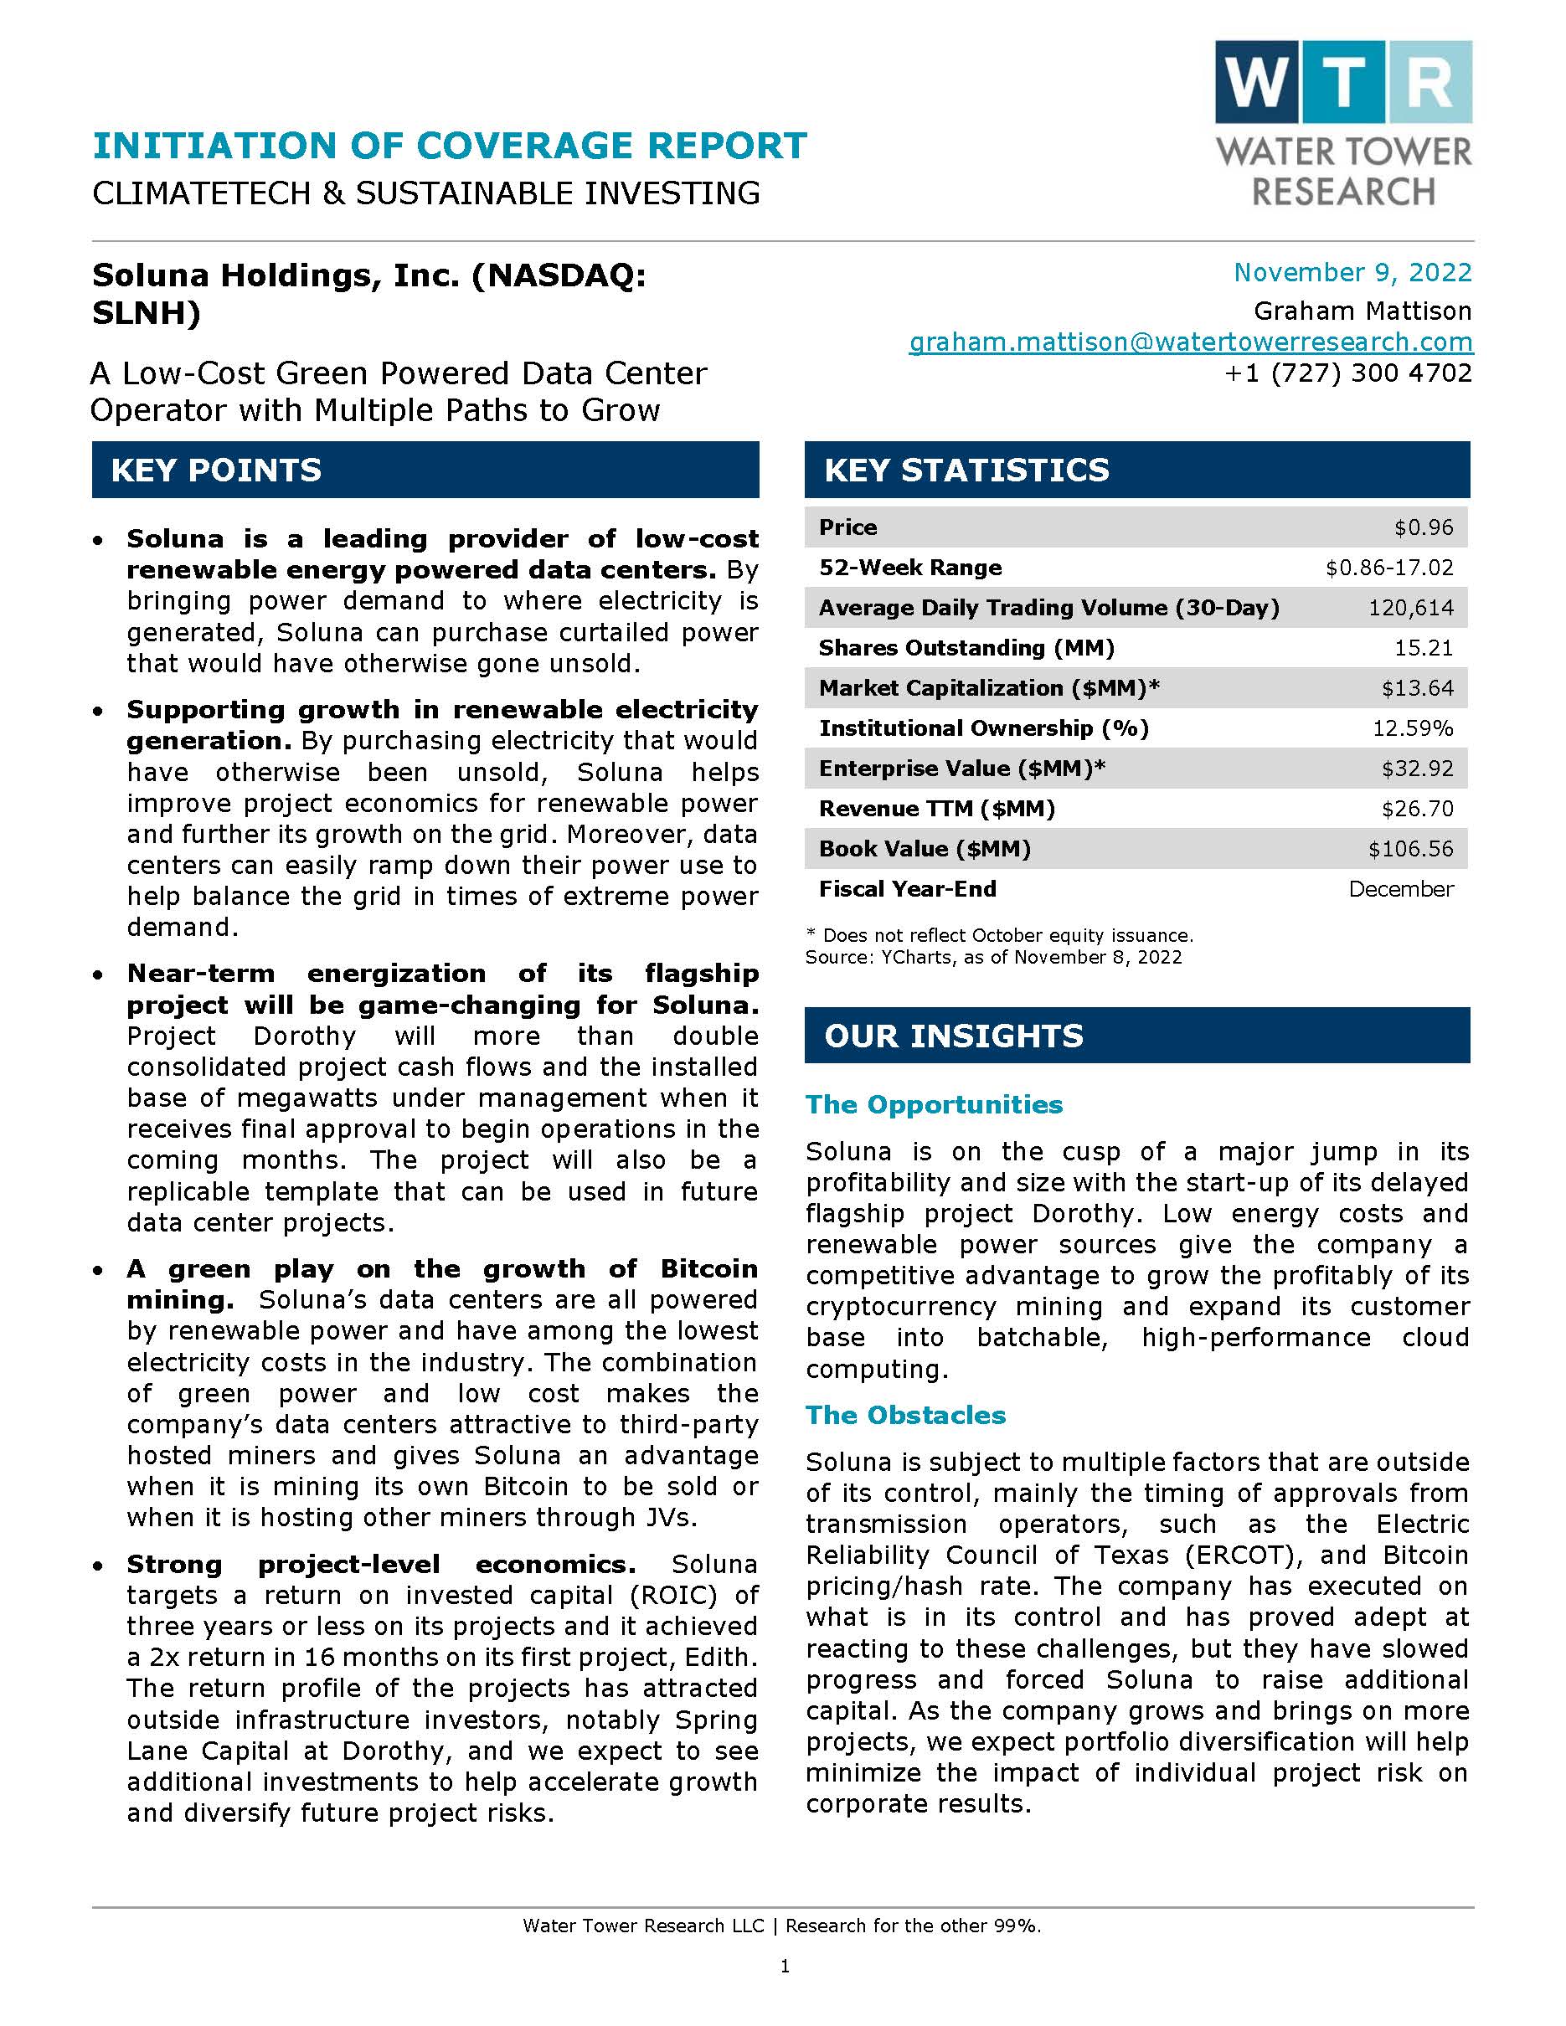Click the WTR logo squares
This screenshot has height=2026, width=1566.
pos(1342,82)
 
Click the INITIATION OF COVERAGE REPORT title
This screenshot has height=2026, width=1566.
pos(450,146)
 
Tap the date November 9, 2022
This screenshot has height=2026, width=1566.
pos(1352,272)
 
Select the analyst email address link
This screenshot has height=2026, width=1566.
pos(1190,342)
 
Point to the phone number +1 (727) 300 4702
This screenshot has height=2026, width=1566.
pos(1348,373)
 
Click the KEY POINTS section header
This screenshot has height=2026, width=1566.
pos(216,471)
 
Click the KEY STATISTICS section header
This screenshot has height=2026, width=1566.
pos(966,471)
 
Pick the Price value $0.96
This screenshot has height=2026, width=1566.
pos(1423,527)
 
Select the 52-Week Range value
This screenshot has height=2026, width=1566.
pos(1388,568)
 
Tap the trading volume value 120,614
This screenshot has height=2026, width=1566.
pos(1410,608)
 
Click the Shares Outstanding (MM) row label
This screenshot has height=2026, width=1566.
pos(966,647)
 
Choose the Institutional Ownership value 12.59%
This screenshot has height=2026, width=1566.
pos(1412,728)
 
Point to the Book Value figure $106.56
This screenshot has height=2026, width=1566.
pos(1410,849)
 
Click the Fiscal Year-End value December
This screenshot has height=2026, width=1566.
pos(1401,889)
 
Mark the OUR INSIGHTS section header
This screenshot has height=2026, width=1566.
pos(953,1036)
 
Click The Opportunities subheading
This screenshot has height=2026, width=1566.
pos(933,1104)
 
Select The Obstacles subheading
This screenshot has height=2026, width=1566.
pos(905,1415)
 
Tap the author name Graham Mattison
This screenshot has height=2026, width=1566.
pos(1362,311)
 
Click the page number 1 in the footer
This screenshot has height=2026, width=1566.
pos(785,1966)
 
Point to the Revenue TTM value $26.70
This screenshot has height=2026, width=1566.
pos(1417,809)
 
